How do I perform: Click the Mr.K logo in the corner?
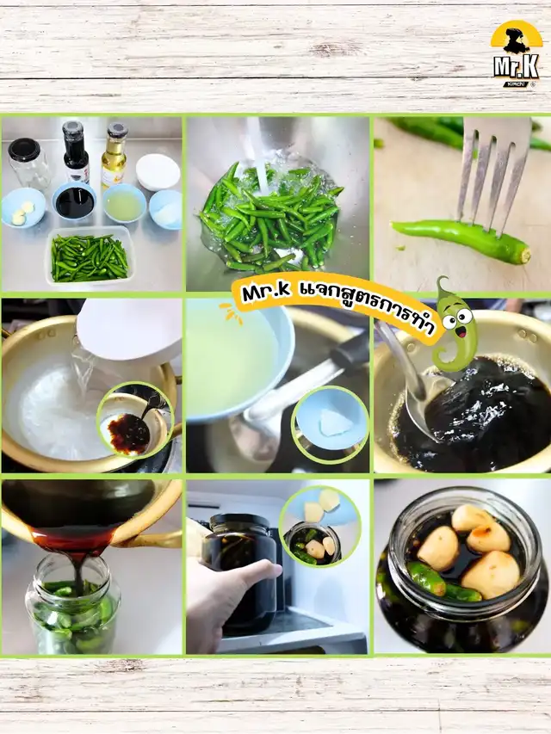point(516,54)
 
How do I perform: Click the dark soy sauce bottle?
point(76,152)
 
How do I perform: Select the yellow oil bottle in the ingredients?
point(114,154)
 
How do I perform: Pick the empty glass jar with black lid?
point(28,163)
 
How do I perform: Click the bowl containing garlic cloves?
point(23,207)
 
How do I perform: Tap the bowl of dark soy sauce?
point(74,200)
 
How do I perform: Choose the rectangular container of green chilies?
point(89,256)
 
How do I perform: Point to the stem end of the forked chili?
point(526,256)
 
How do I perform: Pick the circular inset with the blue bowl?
point(331,424)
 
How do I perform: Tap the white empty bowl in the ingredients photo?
point(158,172)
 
